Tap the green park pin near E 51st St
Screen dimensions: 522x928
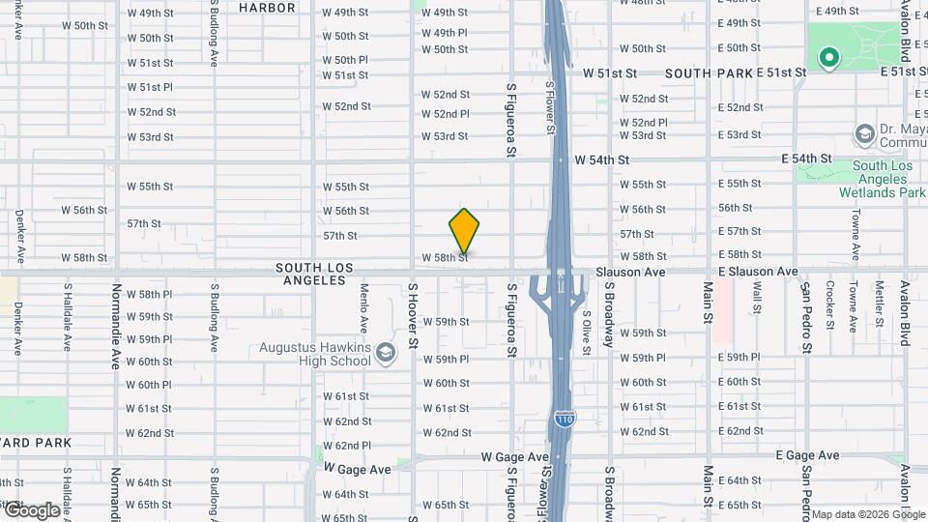(828, 59)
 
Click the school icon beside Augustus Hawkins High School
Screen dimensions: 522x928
(387, 352)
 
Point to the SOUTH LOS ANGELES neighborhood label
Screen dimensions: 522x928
(314, 274)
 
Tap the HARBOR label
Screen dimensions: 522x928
(266, 8)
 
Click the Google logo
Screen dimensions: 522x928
(31, 509)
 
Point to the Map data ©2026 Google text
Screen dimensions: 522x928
(867, 514)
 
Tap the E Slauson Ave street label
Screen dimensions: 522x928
(758, 273)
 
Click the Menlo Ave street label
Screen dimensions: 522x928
(363, 306)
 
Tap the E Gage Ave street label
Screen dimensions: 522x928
(808, 455)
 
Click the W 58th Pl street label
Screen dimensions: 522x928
(149, 294)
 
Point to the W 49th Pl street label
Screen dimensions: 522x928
(445, 33)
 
